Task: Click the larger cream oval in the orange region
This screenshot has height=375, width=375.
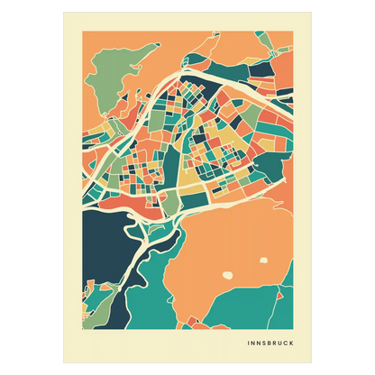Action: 228,273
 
